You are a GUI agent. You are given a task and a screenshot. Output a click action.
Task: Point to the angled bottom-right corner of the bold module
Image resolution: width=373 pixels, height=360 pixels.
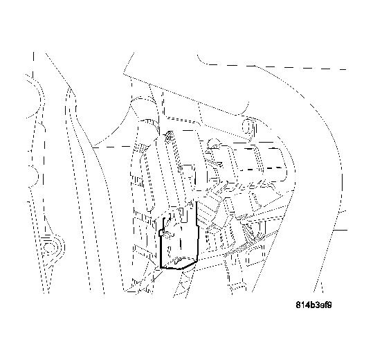(x=195, y=260)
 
